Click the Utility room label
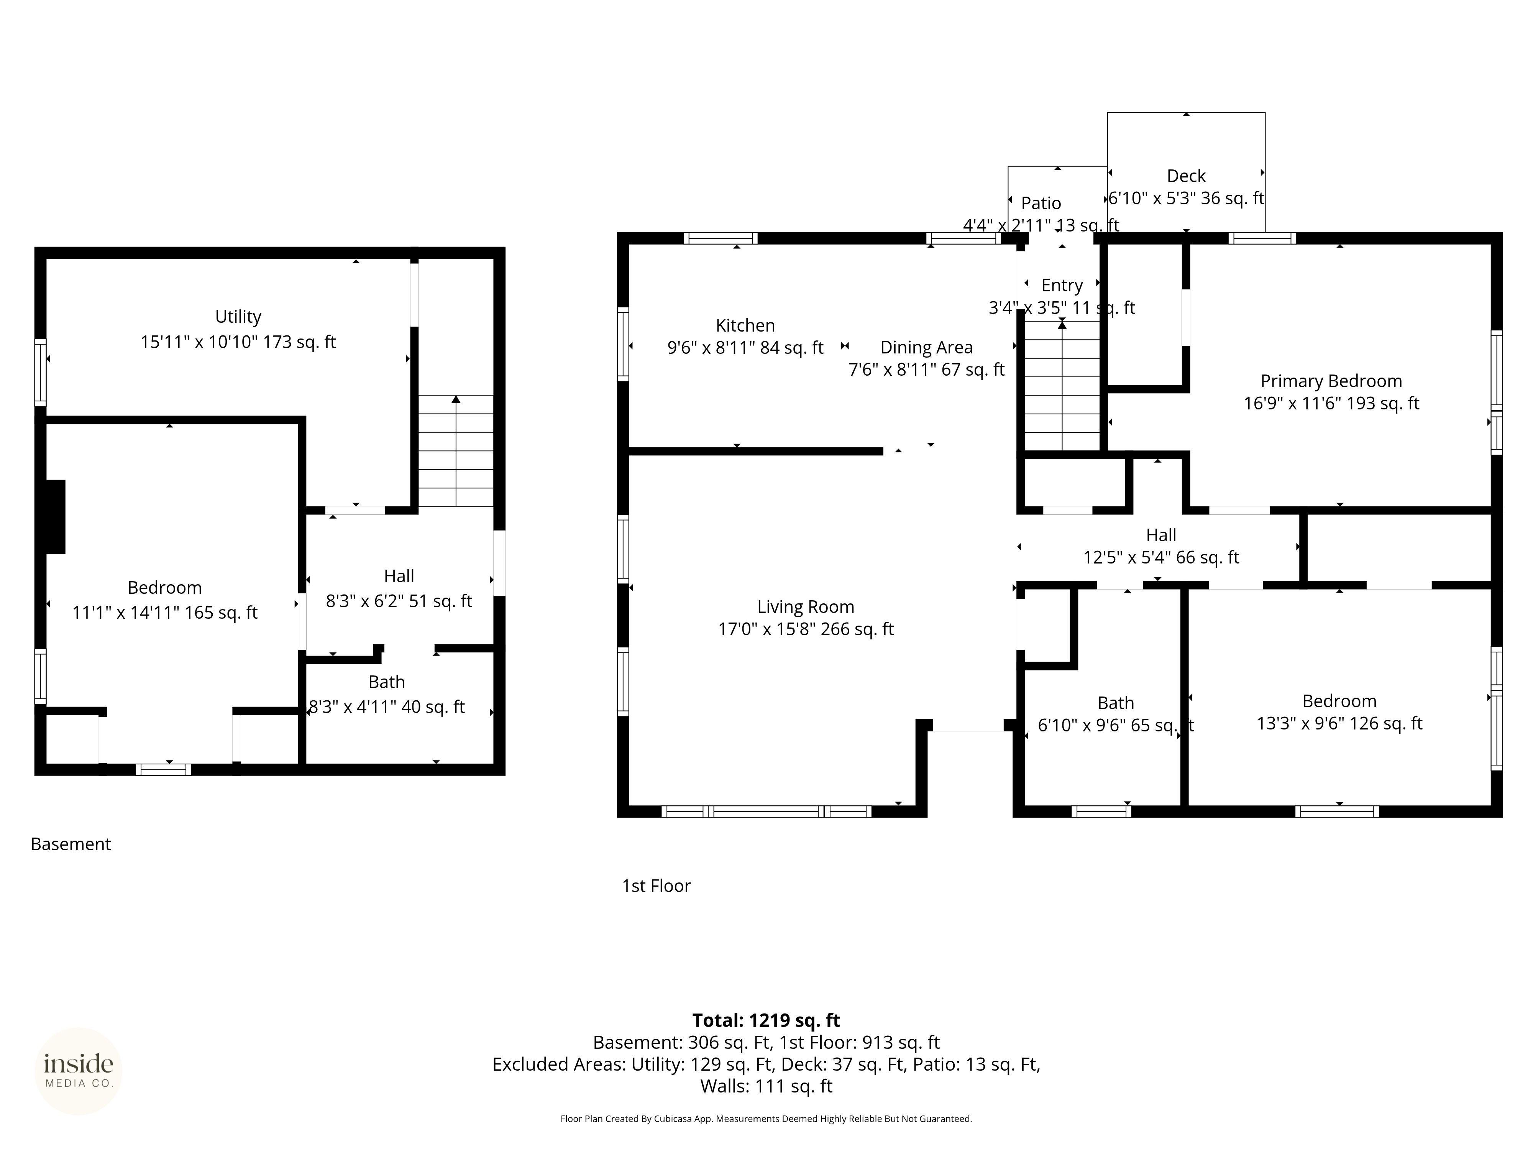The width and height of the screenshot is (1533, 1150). click(x=238, y=317)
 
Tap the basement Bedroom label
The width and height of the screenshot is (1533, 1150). click(x=165, y=588)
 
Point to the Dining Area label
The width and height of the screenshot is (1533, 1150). click(x=927, y=347)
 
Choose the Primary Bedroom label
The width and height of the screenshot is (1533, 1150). click(x=1331, y=381)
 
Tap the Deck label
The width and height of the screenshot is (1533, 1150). click(x=1187, y=176)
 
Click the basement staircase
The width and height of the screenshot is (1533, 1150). click(x=456, y=450)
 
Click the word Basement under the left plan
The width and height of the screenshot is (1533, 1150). click(x=71, y=844)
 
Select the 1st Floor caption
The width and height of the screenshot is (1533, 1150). click(x=656, y=886)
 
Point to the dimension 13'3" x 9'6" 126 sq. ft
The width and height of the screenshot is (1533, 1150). click(x=1339, y=724)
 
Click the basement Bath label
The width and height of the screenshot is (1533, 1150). click(x=387, y=682)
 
